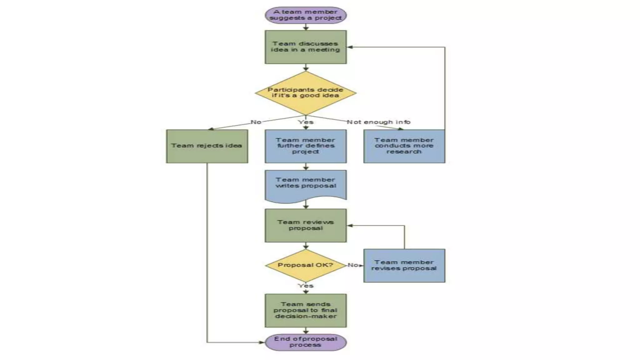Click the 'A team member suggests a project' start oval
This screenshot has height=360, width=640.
click(x=306, y=15)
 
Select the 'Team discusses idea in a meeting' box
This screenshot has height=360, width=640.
click(x=306, y=47)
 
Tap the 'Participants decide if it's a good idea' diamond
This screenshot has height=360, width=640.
click(x=306, y=93)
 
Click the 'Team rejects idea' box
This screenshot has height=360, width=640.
click(x=207, y=146)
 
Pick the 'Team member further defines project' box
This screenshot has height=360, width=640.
click(x=306, y=146)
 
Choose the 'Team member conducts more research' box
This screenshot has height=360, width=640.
click(x=404, y=146)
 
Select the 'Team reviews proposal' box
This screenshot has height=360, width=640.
click(x=306, y=225)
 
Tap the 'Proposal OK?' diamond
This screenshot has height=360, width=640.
click(x=306, y=265)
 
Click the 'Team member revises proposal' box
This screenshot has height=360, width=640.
click(x=404, y=266)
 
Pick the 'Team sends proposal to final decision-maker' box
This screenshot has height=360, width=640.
click(x=306, y=310)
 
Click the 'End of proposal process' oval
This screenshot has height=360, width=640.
click(x=306, y=342)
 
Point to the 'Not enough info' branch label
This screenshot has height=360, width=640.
click(x=378, y=122)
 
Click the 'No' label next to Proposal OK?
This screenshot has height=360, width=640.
click(x=352, y=265)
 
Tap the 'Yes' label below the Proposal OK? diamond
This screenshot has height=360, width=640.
click(x=305, y=286)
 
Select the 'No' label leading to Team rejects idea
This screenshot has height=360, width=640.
click(x=256, y=122)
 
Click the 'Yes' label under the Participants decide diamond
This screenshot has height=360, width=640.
click(x=305, y=122)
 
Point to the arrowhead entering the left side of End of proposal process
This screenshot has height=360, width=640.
click(x=262, y=342)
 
